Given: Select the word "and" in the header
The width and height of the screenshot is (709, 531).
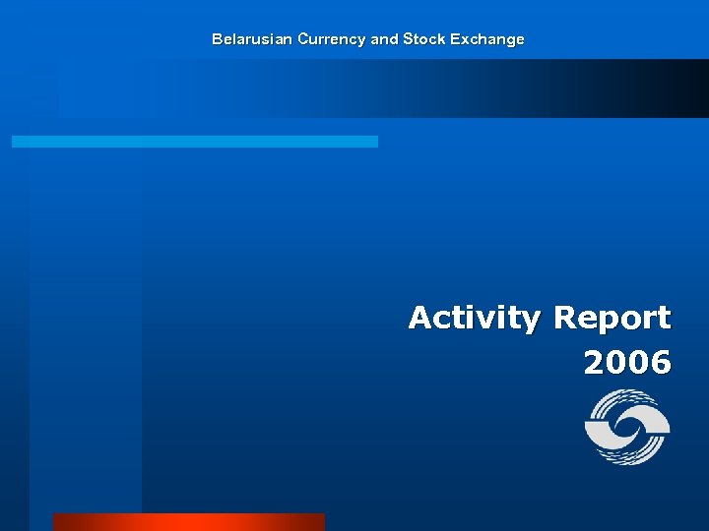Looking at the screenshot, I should click(x=385, y=39).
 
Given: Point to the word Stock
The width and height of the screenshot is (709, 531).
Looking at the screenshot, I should click(x=423, y=39).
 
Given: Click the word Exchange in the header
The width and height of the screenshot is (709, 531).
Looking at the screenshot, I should click(x=487, y=39).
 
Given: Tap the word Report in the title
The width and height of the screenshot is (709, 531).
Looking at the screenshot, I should click(x=612, y=319).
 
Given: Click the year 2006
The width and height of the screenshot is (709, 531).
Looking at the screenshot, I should click(x=627, y=363).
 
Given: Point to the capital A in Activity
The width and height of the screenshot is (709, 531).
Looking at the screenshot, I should click(x=420, y=319).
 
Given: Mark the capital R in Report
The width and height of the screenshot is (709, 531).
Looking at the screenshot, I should click(x=565, y=319).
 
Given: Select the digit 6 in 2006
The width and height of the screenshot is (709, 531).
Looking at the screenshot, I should click(x=661, y=363).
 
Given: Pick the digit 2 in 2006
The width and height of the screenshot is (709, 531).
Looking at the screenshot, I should click(x=595, y=363).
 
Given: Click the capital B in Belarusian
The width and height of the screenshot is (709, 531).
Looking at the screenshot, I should click(x=217, y=39).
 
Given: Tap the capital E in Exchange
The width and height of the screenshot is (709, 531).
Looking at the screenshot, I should click(x=456, y=39).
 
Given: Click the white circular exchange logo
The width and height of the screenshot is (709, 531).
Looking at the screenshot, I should click(x=627, y=428).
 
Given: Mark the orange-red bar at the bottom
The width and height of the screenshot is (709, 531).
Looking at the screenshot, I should click(x=188, y=522).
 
